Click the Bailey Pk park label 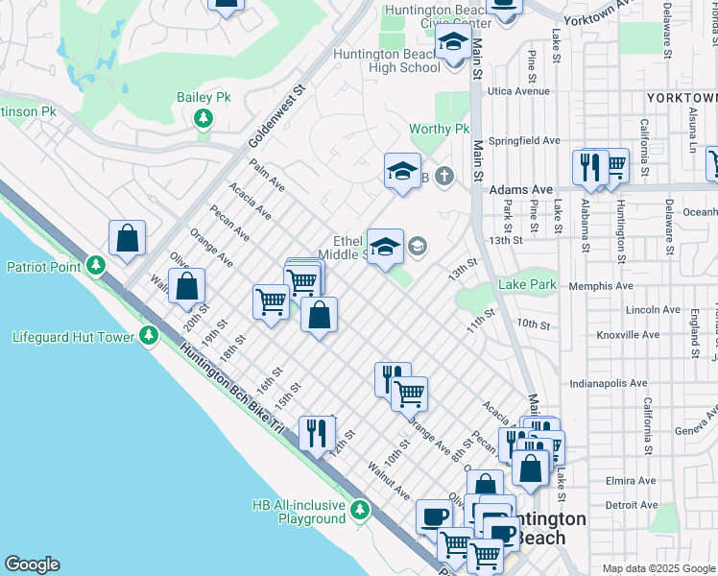pos(203,98)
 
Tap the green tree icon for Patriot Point pos(94,265)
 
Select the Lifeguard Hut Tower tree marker pos(148,336)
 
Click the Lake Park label pos(527,285)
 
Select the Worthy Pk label pos(439,129)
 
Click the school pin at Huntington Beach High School pos(453,43)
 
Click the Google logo pos(32,564)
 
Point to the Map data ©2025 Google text pos(658,568)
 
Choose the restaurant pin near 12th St pos(316,432)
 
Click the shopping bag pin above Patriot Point pos(127,237)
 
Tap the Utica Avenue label pos(518,91)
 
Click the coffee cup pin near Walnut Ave pos(434,516)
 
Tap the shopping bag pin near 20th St pos(186,285)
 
